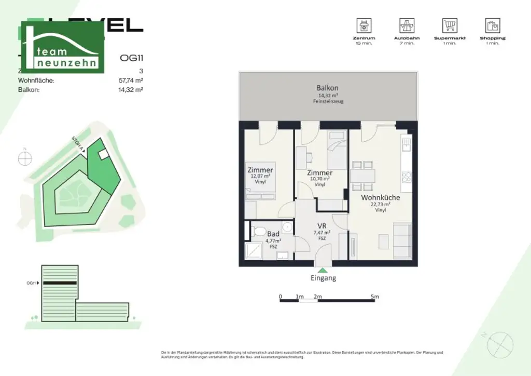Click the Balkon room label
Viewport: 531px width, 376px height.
click(327, 88)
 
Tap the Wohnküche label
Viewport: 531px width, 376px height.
click(380, 198)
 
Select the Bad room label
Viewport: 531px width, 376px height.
click(273, 234)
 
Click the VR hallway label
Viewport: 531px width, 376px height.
click(322, 226)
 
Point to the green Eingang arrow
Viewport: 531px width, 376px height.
click(323, 270)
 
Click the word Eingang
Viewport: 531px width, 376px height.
click(323, 278)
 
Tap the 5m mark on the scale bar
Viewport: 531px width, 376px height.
click(375, 297)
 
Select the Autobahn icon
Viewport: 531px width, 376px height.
click(407, 25)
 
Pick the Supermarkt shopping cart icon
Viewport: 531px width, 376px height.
click(449, 25)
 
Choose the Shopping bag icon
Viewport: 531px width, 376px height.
click(492, 25)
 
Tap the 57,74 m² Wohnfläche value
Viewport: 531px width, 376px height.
click(131, 80)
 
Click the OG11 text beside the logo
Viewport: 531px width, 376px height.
click(131, 58)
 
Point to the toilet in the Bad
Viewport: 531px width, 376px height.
click(259, 231)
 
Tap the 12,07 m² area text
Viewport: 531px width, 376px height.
click(260, 177)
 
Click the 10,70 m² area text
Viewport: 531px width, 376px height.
click(319, 179)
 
